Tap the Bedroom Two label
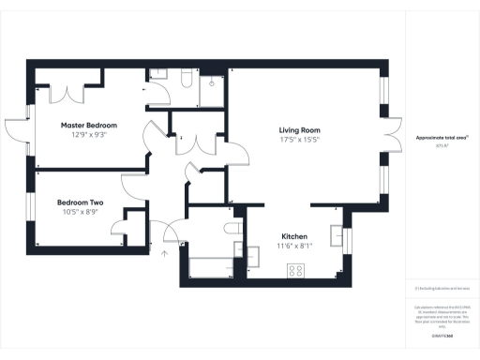[80, 202]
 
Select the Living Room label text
[299, 130]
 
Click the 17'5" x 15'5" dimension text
[299, 141]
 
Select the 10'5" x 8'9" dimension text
[80, 213]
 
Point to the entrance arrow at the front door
[166, 250]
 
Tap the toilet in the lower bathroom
[230, 230]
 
